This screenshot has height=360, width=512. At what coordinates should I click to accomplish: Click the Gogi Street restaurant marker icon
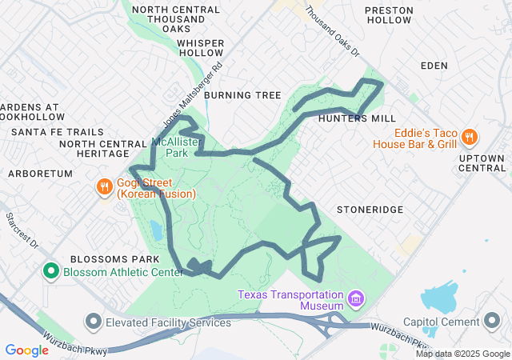pyautogui.click(x=104, y=187)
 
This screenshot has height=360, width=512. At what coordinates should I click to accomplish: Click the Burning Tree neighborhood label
pyautogui.click(x=242, y=95)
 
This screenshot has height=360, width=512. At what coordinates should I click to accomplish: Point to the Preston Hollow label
pyautogui.click(x=390, y=16)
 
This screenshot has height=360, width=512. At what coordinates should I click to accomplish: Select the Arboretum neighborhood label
pyautogui.click(x=40, y=173)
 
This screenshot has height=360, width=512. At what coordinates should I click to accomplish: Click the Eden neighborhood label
pyautogui.click(x=434, y=66)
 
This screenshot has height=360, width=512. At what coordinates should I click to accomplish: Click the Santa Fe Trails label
pyautogui.click(x=58, y=131)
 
